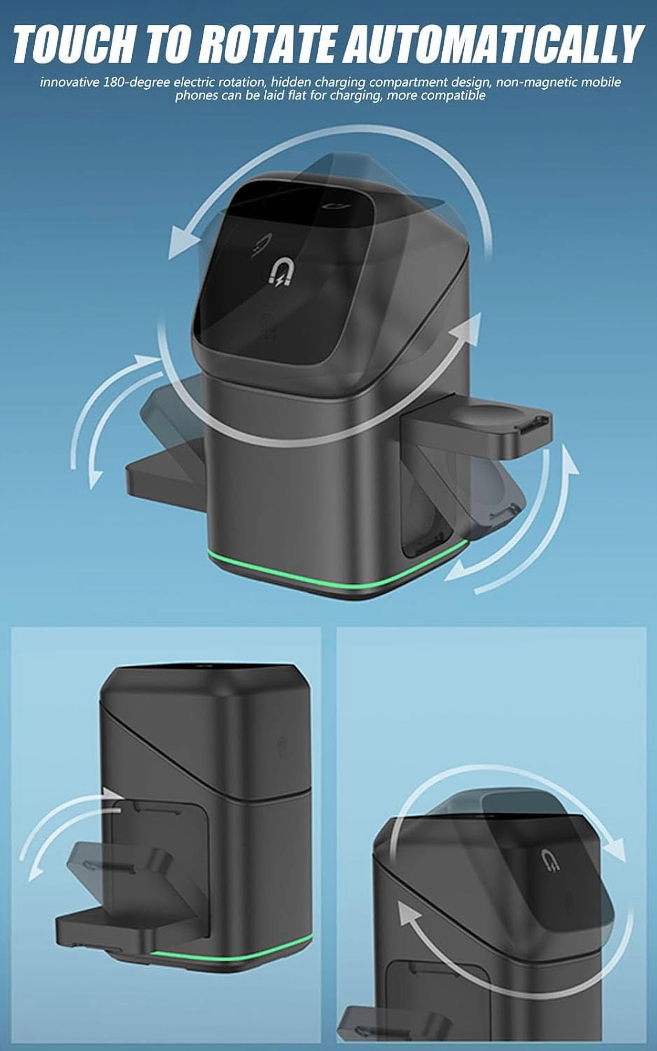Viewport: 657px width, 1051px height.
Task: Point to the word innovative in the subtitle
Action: tap(70, 83)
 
